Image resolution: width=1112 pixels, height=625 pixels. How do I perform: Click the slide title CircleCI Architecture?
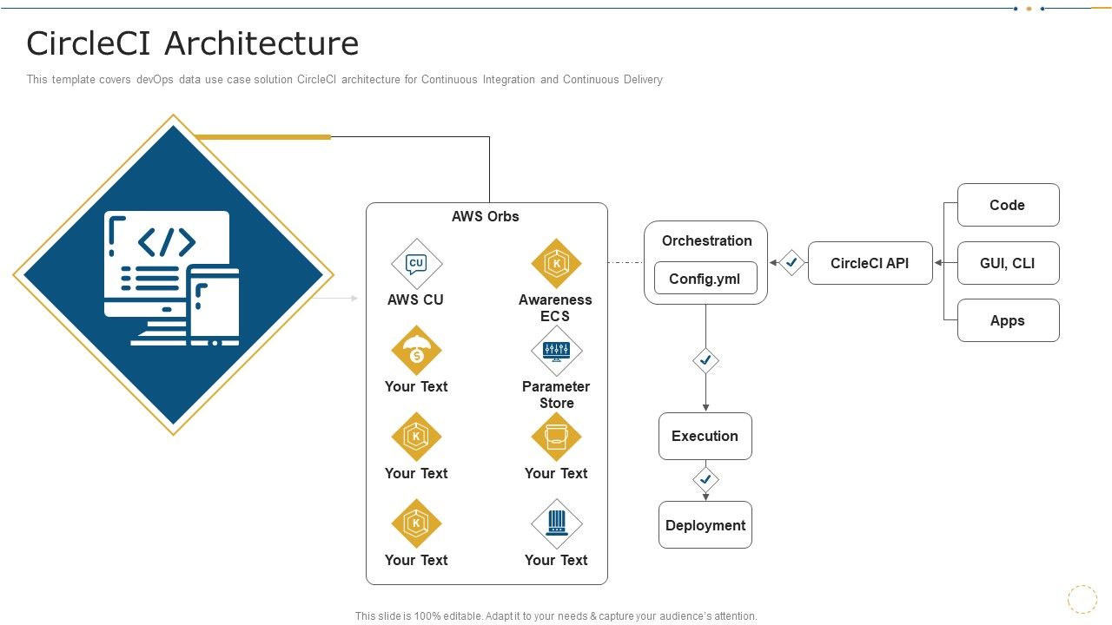click(192, 43)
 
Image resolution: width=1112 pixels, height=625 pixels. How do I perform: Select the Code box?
click(1008, 205)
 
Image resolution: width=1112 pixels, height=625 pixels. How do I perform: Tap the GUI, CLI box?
click(1008, 263)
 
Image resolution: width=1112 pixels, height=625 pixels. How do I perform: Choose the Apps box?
click(1008, 320)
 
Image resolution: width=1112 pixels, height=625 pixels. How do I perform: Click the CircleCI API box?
click(870, 263)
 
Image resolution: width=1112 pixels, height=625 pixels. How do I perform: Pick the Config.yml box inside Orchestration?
click(705, 279)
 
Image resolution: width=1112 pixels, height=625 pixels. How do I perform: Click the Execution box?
click(705, 436)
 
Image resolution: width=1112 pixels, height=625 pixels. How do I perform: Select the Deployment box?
click(705, 525)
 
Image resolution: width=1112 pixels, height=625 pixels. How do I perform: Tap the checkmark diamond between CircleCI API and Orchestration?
click(791, 262)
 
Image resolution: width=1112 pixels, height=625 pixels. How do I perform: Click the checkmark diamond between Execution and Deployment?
click(705, 479)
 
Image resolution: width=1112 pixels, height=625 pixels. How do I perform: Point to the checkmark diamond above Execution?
click(705, 359)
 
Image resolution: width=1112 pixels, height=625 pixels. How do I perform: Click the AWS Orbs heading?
click(485, 216)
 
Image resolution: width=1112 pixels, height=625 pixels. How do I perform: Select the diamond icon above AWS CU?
click(416, 263)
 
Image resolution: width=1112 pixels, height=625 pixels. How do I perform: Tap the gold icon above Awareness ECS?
click(556, 263)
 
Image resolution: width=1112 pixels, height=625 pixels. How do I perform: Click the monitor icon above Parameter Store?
click(556, 351)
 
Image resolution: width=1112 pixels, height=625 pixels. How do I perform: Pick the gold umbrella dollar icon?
click(416, 351)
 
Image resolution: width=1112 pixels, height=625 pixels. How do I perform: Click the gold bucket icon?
click(556, 437)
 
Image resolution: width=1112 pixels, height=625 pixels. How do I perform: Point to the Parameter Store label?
click(556, 394)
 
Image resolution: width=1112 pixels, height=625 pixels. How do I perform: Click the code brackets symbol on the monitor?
click(167, 242)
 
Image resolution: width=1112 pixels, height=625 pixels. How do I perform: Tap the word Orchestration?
click(706, 240)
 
